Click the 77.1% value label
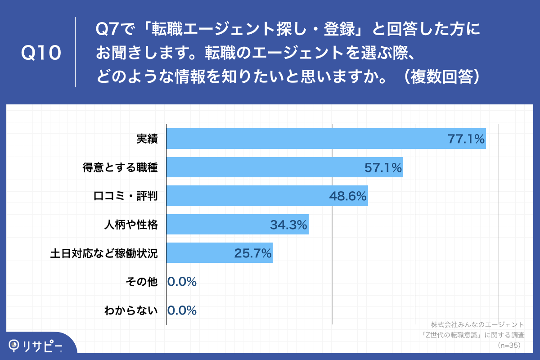[466, 139]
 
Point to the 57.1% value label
[383, 168]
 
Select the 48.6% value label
[348, 197]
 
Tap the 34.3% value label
[288, 225]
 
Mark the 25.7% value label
[253, 254]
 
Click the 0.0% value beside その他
[182, 282]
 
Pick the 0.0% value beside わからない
[182, 310]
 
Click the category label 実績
[147, 139]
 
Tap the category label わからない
[131, 310]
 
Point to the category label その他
[142, 282]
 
